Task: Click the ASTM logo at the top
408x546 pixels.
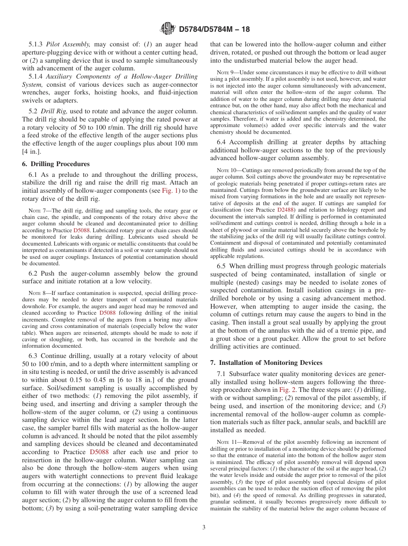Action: [x=167, y=29]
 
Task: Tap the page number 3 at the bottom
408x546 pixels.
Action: [x=204, y=527]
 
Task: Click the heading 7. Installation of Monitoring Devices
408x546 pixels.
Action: [x=266, y=363]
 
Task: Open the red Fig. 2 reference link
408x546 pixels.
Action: [x=286, y=390]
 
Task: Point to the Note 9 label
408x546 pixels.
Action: [x=226, y=73]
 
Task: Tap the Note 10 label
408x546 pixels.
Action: [x=227, y=171]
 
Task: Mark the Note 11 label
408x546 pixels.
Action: [x=227, y=442]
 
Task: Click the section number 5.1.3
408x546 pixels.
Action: [x=36, y=44]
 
